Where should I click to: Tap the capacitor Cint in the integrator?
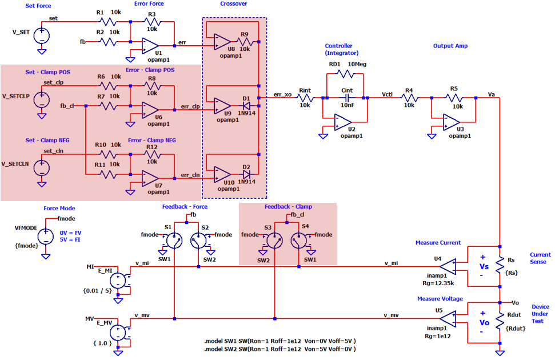click(x=347, y=98)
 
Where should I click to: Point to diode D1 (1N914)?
click(x=246, y=106)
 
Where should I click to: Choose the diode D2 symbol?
click(x=246, y=174)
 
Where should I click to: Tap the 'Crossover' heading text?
click(x=233, y=5)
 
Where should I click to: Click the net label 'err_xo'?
click(x=284, y=94)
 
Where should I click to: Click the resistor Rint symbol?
click(x=305, y=98)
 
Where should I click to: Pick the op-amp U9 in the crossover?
click(x=222, y=106)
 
